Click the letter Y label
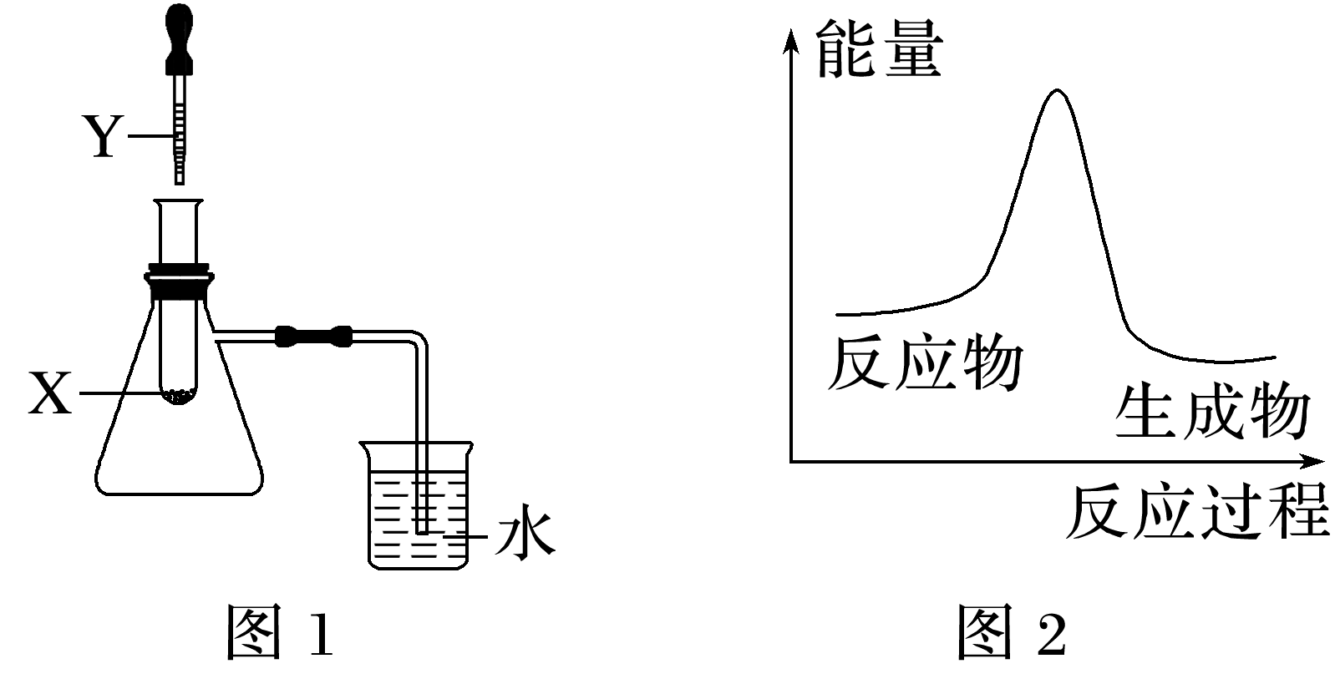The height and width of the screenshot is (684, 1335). [x=103, y=137]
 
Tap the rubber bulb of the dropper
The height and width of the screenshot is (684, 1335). [x=178, y=33]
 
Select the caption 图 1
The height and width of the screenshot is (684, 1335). [x=281, y=632]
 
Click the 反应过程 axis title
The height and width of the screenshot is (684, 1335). [x=1196, y=511]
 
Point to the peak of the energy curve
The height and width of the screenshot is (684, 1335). [x=1058, y=90]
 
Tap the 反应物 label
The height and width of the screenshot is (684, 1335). [x=924, y=365]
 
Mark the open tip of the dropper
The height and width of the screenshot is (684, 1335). [x=179, y=180]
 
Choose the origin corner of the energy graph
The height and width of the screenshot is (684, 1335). [x=790, y=460]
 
